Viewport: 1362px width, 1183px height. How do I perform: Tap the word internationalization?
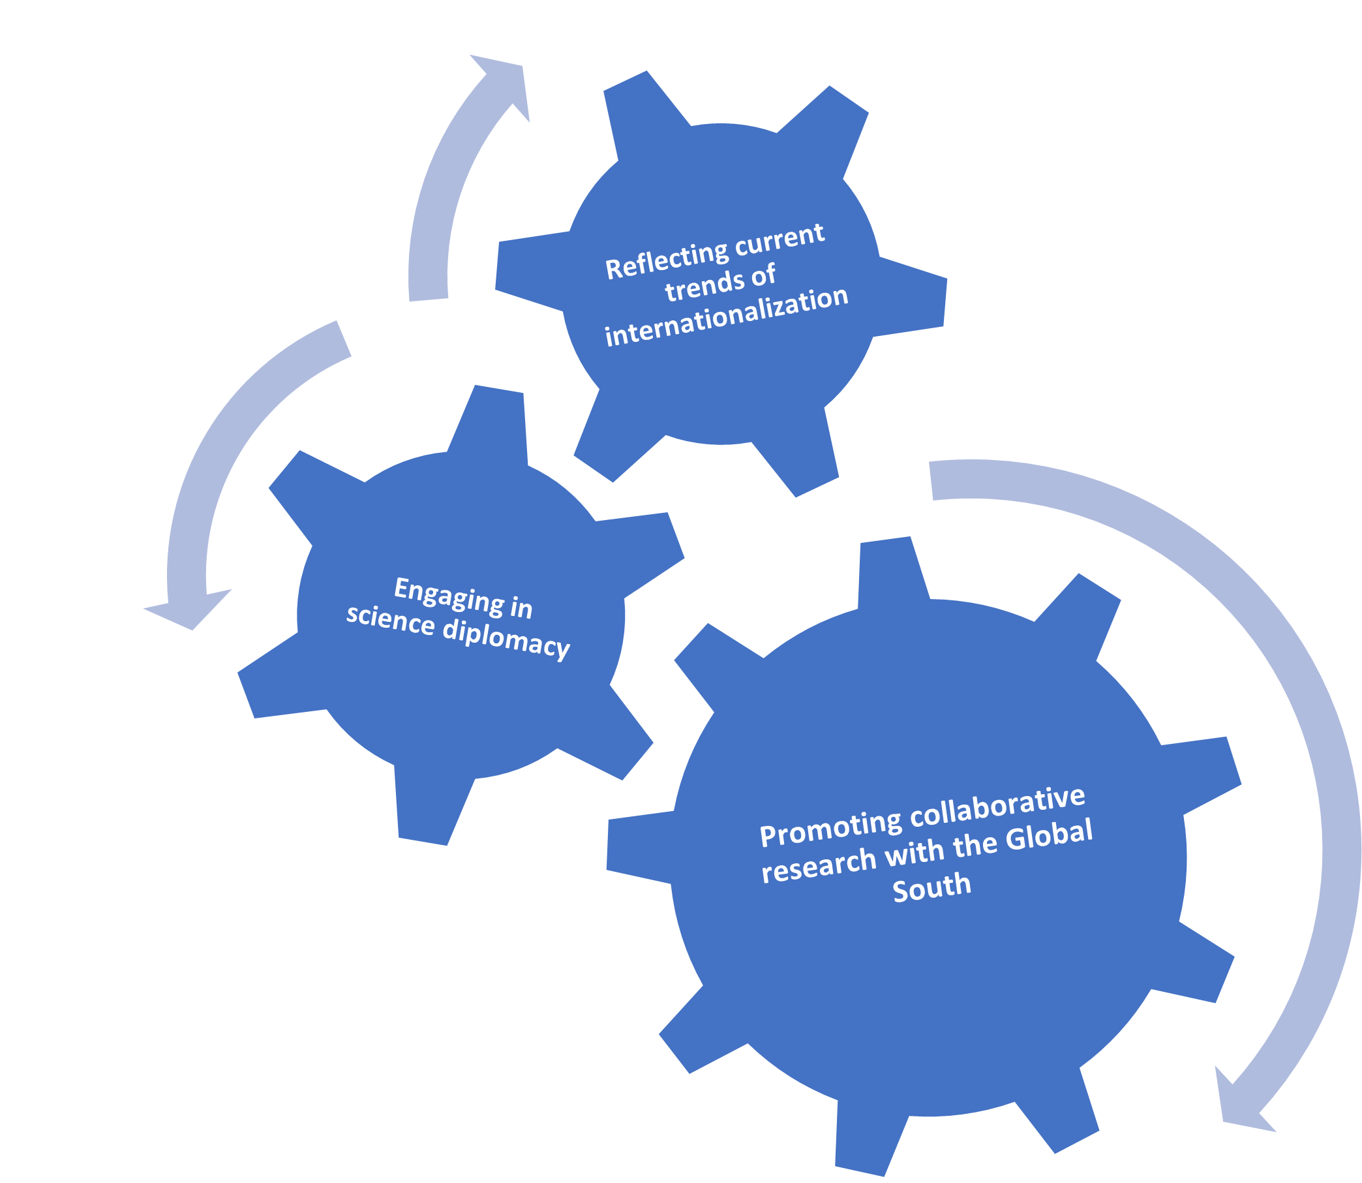coord(727,317)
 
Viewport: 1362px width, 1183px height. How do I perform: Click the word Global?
coord(1049,835)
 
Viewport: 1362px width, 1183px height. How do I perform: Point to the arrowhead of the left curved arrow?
coord(188,607)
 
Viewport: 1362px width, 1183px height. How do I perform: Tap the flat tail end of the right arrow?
coord(931,480)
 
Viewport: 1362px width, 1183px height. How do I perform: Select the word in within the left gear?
coord(521,608)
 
